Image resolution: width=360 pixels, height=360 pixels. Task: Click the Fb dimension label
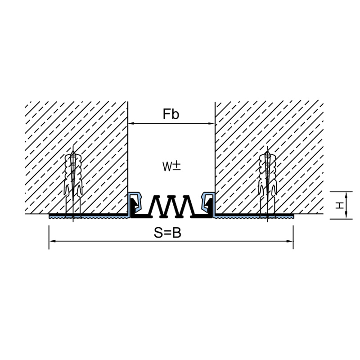171,114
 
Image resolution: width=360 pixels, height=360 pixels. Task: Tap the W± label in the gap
171,166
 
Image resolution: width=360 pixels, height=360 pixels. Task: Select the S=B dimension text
167,233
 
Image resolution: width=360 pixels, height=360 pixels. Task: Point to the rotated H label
340,205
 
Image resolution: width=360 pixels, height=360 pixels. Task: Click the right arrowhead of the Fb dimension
211,123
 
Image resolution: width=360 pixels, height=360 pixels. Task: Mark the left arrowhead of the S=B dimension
52,241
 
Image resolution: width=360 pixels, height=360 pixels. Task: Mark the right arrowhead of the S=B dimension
290,241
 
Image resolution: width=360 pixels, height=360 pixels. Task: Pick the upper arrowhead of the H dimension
346,195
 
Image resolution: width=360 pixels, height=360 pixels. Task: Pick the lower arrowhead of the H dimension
346,216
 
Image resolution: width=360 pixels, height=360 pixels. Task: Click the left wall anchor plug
73,184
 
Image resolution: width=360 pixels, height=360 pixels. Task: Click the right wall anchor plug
267,184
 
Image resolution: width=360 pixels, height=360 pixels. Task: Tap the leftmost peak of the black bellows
156,197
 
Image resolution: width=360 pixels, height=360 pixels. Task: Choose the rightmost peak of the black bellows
187,197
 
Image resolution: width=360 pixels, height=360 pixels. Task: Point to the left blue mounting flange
88,216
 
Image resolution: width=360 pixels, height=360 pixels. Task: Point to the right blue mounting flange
254,216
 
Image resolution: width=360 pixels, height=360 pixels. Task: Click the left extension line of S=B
49,238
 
